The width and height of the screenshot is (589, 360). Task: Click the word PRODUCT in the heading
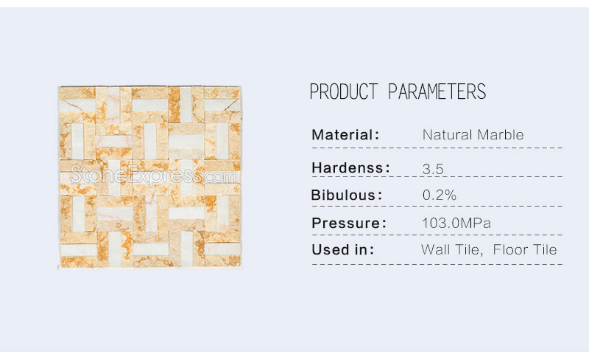pyautogui.click(x=344, y=91)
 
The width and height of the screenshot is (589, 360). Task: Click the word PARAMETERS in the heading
pyautogui.click(x=437, y=91)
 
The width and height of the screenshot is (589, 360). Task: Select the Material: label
pyautogui.click(x=345, y=135)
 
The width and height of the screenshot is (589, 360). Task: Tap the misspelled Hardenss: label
pyautogui.click(x=351, y=167)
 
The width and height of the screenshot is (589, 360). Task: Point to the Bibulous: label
pyautogui.click(x=347, y=195)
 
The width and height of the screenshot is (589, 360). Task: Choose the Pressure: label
pyautogui.click(x=349, y=223)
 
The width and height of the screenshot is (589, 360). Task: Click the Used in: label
pyautogui.click(x=343, y=249)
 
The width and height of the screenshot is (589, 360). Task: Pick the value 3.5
pyautogui.click(x=433, y=169)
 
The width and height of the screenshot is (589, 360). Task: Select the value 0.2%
pyautogui.click(x=439, y=195)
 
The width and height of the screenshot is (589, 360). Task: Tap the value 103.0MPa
pyautogui.click(x=456, y=223)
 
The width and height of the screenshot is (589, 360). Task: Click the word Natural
pyautogui.click(x=448, y=135)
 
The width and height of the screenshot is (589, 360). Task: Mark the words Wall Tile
pyautogui.click(x=452, y=249)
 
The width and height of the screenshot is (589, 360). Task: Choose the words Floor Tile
pyautogui.click(x=525, y=249)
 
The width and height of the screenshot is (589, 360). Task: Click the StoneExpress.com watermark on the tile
pyautogui.click(x=153, y=175)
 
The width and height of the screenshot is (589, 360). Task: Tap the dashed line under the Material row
pyautogui.click(x=437, y=148)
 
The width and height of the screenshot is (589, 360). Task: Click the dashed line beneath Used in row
pyautogui.click(x=437, y=264)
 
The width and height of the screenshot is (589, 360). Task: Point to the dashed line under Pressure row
pyautogui.click(x=437, y=235)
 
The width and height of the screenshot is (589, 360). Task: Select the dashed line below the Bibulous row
pyautogui.click(x=437, y=206)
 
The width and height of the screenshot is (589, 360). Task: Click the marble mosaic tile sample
pyautogui.click(x=149, y=177)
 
